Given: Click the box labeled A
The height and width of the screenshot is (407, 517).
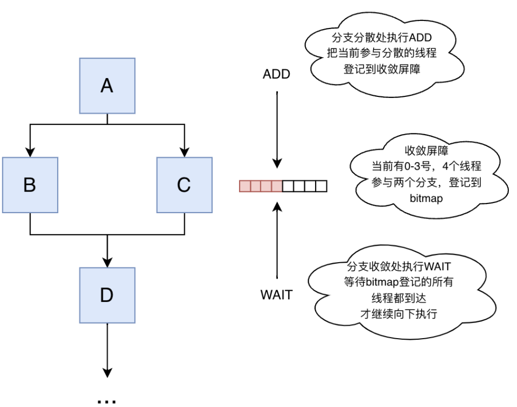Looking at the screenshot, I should pyautogui.click(x=107, y=86).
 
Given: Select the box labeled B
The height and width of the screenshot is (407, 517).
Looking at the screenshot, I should pyautogui.click(x=30, y=185).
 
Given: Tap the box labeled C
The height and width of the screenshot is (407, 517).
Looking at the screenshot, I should pyautogui.click(x=184, y=185).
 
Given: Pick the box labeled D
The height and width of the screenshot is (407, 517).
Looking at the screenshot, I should pyautogui.click(x=107, y=294).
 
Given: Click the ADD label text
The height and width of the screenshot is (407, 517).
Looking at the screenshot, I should pyautogui.click(x=276, y=74).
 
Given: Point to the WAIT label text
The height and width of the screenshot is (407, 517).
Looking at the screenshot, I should pyautogui.click(x=276, y=295).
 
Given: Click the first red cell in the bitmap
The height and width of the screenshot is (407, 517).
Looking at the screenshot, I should pyautogui.click(x=244, y=186).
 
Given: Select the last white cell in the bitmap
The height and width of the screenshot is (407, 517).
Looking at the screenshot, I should pyautogui.click(x=321, y=186).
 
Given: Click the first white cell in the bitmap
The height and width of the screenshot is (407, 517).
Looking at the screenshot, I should pyautogui.click(x=288, y=186).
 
